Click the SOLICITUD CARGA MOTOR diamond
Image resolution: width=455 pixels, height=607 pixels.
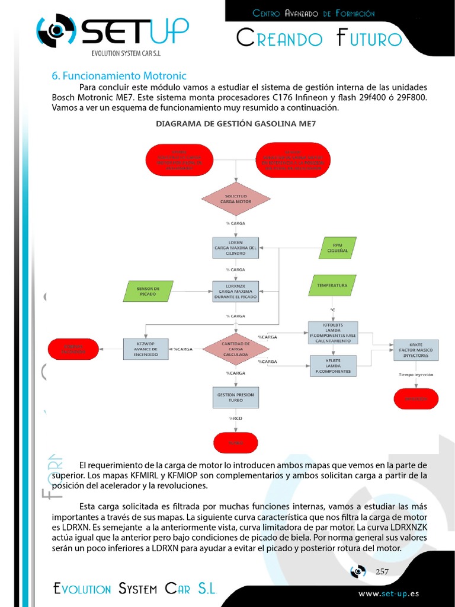point(236,199)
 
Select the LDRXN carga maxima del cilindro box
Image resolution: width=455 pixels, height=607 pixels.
point(236,247)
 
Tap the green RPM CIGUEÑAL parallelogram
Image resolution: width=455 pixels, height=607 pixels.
point(337,247)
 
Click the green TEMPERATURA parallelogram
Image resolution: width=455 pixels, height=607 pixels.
point(332,285)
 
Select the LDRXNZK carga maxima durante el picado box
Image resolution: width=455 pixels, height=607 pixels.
point(236,291)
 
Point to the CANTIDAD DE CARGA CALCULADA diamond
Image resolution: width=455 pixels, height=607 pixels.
point(236,350)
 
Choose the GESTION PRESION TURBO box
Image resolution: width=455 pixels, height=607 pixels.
point(236,397)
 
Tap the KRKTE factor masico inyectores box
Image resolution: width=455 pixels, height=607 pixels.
point(416,350)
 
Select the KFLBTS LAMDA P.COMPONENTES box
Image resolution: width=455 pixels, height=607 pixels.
point(333,366)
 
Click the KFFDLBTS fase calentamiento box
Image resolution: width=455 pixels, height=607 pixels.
point(333,333)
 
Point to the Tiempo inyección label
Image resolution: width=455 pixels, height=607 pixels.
point(415,375)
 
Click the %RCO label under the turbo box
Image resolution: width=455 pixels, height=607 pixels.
point(236,418)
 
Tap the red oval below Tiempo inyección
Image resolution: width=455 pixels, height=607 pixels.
point(416,399)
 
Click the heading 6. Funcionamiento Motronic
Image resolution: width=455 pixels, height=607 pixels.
point(119,76)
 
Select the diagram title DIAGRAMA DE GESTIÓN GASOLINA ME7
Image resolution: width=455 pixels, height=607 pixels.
point(236,124)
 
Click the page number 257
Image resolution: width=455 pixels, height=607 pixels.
point(382,571)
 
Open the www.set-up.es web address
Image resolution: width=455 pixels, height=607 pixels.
point(389,593)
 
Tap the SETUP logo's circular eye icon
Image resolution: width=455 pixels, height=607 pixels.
point(56,31)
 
